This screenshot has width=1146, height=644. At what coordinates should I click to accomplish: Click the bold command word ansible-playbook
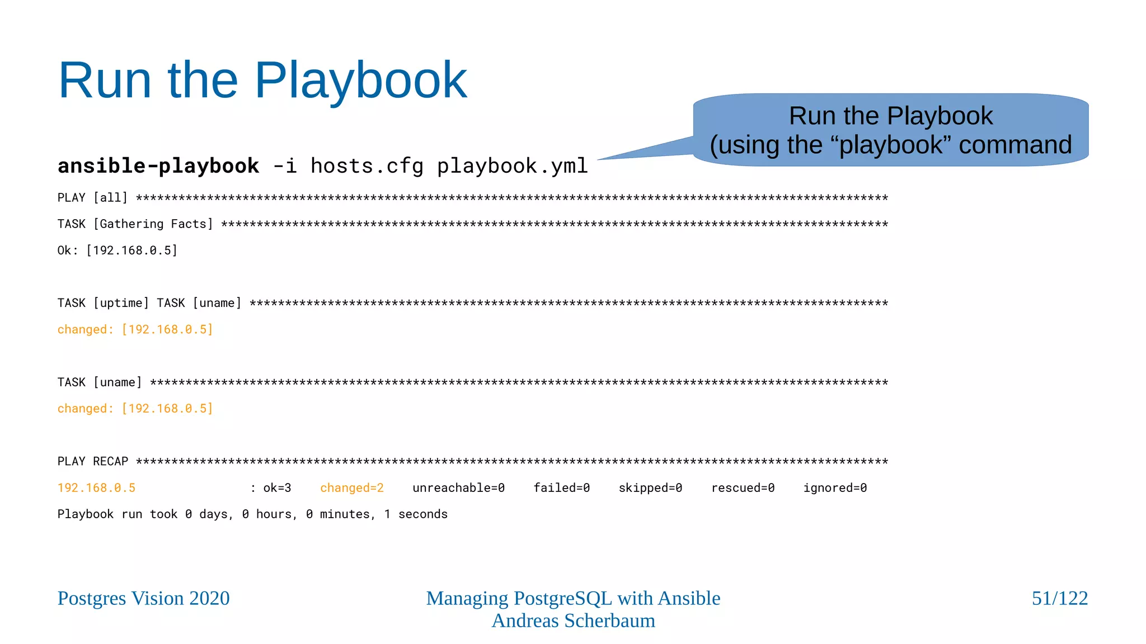point(158,166)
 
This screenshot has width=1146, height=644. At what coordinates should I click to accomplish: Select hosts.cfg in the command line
point(367,166)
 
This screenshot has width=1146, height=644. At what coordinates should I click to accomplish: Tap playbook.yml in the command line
point(512,166)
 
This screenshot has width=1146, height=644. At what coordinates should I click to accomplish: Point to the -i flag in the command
point(284,166)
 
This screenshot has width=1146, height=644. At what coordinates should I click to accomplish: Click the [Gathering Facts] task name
point(153,224)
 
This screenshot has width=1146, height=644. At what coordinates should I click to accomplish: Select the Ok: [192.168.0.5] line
point(118,250)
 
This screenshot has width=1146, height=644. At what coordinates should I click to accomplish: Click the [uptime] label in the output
point(121,303)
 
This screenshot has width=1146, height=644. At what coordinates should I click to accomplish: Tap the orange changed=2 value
point(351,488)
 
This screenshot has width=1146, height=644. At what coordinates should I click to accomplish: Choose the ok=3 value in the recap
point(277,488)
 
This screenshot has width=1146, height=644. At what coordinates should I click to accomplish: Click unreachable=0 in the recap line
point(458,488)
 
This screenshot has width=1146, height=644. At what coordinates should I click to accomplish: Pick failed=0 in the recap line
point(561,488)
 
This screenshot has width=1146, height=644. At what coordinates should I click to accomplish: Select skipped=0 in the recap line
point(650,488)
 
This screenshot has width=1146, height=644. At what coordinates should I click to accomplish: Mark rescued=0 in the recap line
point(743,488)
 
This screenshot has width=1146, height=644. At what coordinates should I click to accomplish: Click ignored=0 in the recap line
point(835,488)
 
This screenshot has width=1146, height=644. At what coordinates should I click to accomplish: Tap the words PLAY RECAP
point(93,462)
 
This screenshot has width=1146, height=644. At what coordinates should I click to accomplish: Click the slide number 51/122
point(1059,598)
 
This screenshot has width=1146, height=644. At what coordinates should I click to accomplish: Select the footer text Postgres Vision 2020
point(143,598)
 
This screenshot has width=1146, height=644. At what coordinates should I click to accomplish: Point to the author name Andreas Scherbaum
point(573,621)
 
